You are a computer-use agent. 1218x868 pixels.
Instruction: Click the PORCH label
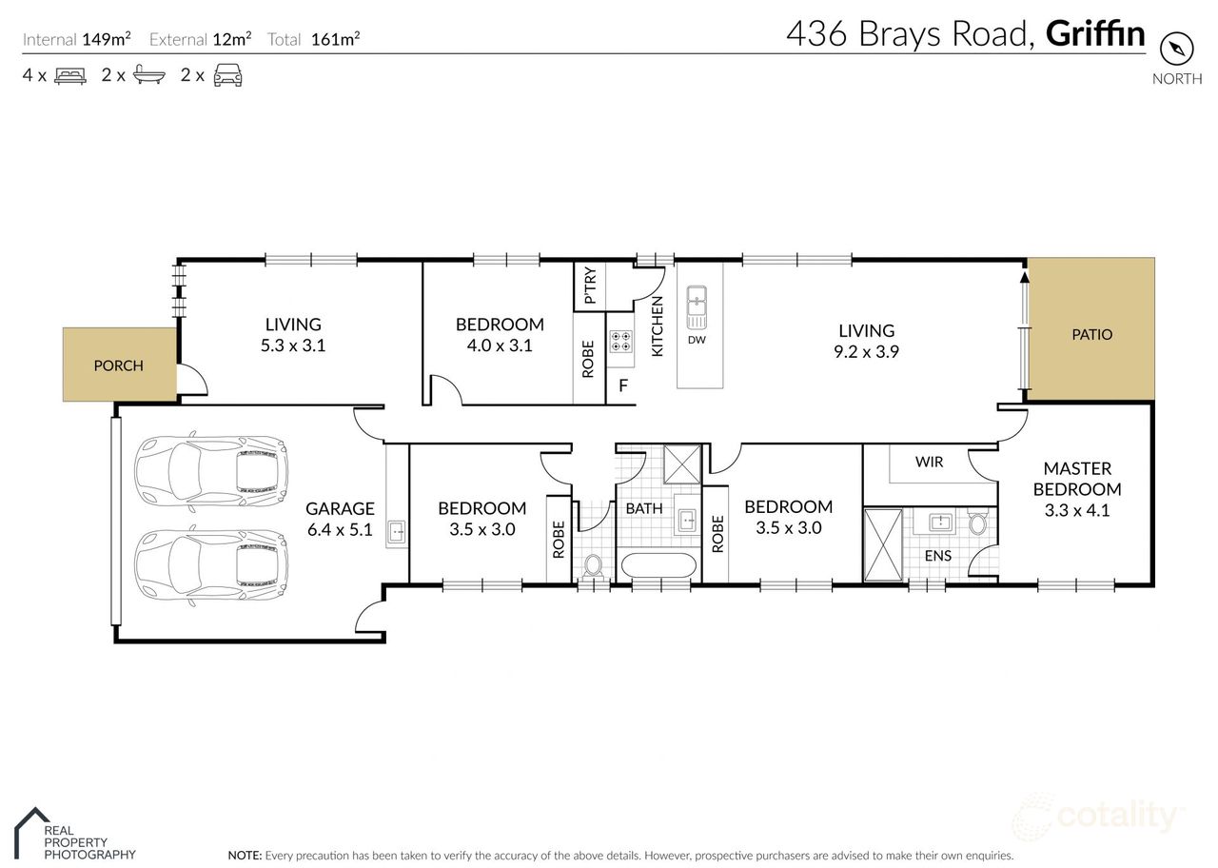[119, 365]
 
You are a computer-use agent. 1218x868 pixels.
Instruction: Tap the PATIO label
[1091, 335]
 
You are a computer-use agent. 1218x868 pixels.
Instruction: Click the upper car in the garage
[210, 470]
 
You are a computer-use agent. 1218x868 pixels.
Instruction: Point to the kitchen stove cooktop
[621, 343]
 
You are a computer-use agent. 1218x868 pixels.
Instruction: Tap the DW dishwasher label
[697, 340]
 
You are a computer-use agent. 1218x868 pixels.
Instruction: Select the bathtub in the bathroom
[658, 565]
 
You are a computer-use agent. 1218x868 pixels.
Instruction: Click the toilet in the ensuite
[977, 523]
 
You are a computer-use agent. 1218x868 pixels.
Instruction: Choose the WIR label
[929, 463]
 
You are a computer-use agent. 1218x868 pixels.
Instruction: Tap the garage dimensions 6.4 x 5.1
[340, 530]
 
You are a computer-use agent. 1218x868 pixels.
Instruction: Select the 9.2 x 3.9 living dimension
[866, 351]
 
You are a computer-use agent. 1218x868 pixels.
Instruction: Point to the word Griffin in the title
[1095, 34]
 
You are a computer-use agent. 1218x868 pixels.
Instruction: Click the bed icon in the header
[70, 75]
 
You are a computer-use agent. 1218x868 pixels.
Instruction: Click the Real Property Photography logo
[76, 835]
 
